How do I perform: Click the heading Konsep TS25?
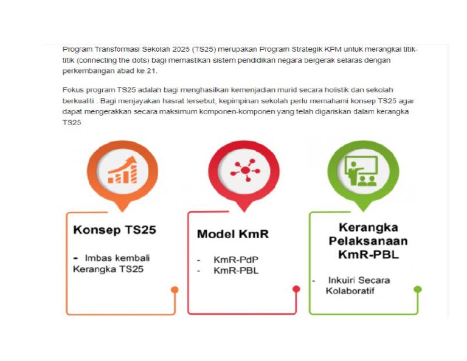click(114, 230)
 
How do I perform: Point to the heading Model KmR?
click(232, 234)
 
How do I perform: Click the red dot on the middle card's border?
click(296, 289)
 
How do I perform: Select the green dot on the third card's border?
click(418, 289)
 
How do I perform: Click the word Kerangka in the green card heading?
click(368, 228)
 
